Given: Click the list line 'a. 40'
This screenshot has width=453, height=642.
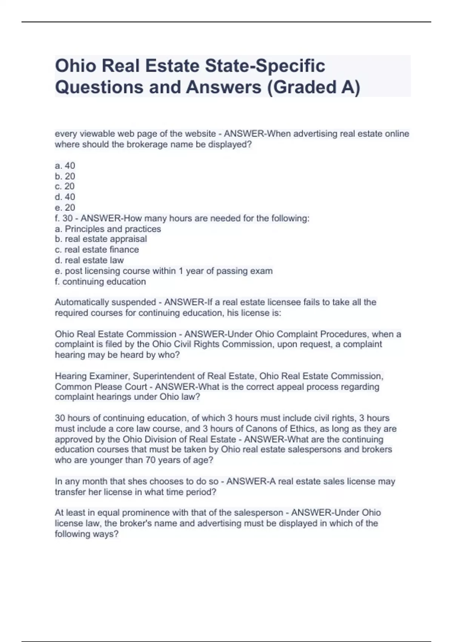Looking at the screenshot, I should pos(65,166).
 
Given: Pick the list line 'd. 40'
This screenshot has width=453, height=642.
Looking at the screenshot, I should pos(65,197).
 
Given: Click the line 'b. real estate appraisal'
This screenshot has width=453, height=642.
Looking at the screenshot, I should pos(101,239).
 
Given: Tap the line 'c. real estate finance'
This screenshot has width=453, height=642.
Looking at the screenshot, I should pos(97,250).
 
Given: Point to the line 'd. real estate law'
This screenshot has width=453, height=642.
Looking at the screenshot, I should pos(89,260).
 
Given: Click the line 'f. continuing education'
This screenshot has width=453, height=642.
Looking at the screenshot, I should pos(100,282).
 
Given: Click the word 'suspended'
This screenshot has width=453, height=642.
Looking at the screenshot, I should pos(138,302).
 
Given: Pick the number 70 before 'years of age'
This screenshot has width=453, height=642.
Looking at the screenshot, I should pos(150,460).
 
